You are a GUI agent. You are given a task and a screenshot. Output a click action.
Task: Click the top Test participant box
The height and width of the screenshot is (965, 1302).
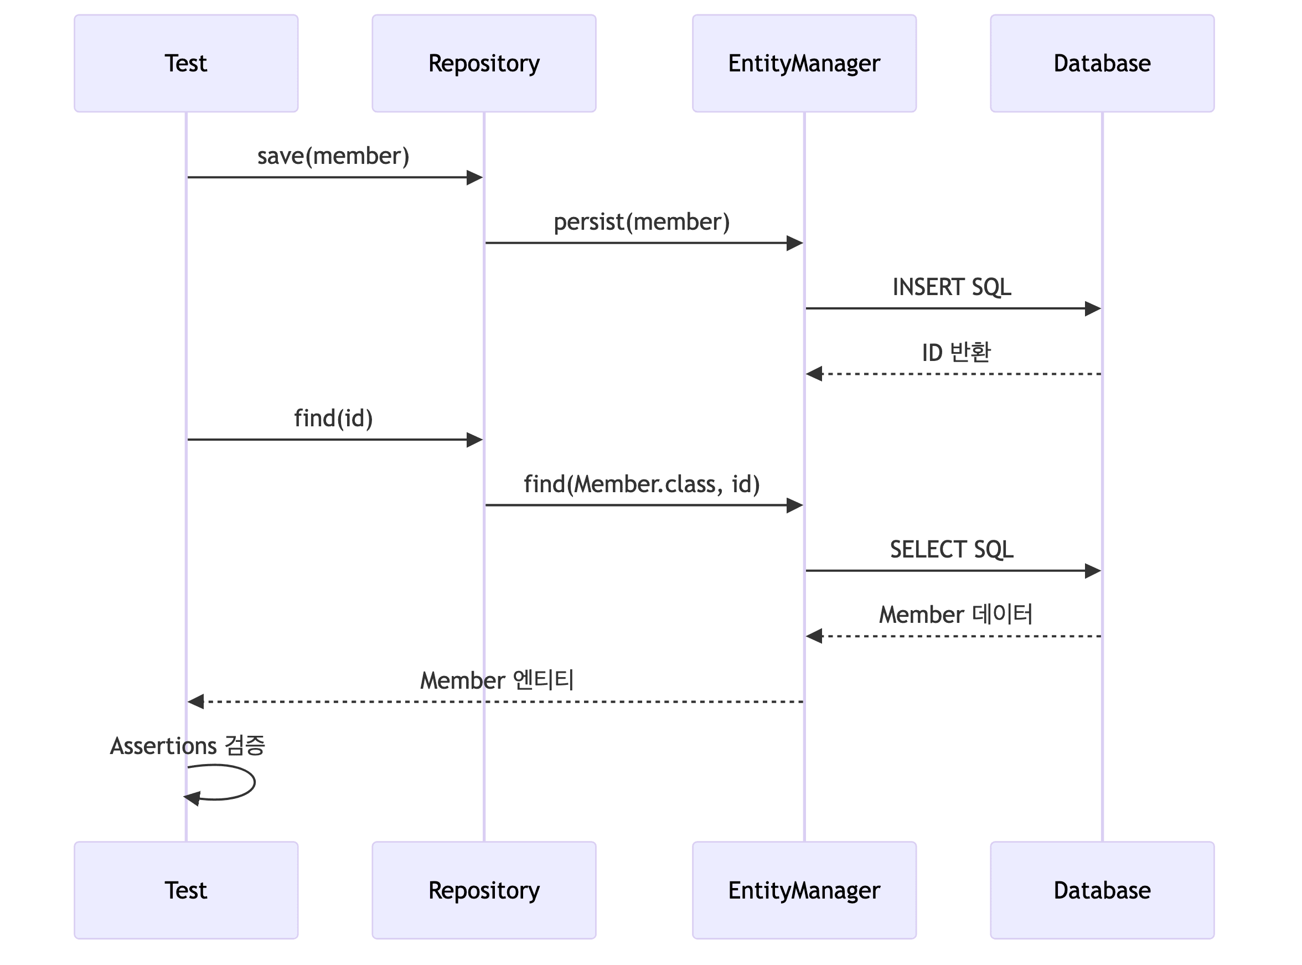tap(186, 63)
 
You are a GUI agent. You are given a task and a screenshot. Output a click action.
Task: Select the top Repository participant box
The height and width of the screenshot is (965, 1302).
tap(484, 63)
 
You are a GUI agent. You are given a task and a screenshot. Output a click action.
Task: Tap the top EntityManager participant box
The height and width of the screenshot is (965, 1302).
tap(804, 63)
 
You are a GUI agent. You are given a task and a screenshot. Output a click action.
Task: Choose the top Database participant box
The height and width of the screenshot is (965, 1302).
tap(1102, 63)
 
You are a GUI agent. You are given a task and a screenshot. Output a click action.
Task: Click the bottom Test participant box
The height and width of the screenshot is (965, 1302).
tap(186, 890)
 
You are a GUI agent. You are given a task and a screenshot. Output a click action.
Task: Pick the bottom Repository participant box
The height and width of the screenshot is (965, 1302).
tap(484, 890)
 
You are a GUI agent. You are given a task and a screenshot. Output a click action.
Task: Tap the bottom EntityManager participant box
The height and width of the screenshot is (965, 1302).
tap(804, 890)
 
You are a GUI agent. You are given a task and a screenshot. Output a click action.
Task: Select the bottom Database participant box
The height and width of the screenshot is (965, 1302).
tap(1102, 890)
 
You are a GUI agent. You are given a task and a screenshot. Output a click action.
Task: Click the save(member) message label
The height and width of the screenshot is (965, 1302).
tap(333, 157)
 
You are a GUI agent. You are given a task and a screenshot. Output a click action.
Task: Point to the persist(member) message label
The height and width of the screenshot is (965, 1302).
tap(642, 222)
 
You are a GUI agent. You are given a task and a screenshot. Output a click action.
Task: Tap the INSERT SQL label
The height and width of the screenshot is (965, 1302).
tap(952, 287)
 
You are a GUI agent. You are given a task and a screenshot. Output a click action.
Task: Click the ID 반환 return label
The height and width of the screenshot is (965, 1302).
tap(955, 353)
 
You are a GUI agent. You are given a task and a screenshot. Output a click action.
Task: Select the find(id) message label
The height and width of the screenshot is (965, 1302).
tap(333, 419)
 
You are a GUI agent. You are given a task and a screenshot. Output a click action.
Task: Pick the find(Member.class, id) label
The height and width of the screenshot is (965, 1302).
tap(642, 484)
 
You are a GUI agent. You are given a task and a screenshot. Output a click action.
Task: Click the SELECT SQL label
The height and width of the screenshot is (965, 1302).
tap(952, 550)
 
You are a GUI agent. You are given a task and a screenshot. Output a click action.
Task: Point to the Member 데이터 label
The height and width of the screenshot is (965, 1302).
tap(955, 615)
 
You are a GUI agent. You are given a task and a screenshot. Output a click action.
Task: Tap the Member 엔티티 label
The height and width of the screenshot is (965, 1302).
tap(497, 680)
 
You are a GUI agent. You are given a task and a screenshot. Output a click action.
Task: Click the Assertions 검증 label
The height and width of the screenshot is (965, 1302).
tap(188, 746)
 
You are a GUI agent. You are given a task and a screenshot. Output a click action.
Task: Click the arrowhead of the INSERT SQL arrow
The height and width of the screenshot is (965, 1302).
tap(1092, 308)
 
